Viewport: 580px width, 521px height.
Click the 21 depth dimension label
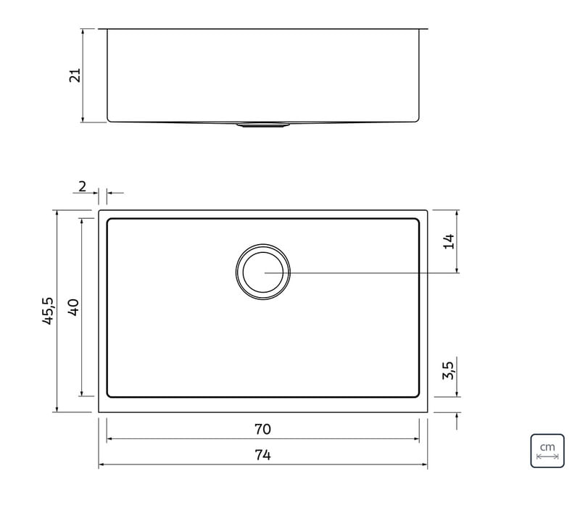[75, 75]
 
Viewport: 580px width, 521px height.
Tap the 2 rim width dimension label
[82, 187]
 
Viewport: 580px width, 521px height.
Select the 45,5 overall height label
[49, 311]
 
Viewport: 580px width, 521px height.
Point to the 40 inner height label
[73, 307]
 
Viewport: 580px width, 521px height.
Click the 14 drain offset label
[449, 241]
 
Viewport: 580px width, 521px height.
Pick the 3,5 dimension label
[448, 370]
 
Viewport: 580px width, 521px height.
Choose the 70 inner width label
[262, 429]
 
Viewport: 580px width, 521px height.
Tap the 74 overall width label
[262, 455]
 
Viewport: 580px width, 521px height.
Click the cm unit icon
[547, 451]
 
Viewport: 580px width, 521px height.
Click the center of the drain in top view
[263, 272]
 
